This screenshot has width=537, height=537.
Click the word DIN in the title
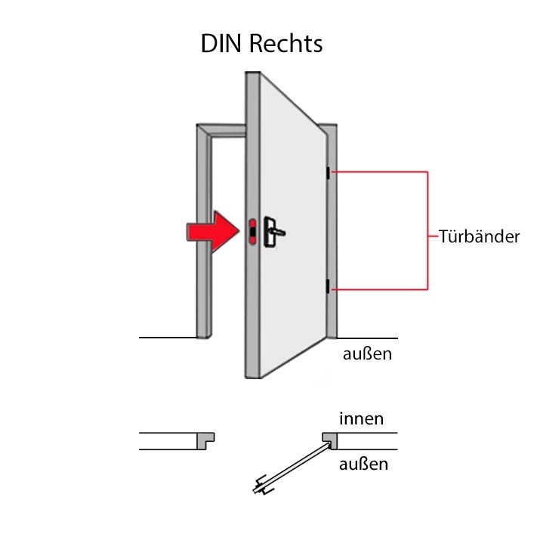click(x=221, y=44)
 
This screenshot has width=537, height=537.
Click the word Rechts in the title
click(x=285, y=44)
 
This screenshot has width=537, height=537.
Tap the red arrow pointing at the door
click(x=212, y=232)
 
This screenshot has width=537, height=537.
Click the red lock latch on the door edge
click(x=252, y=232)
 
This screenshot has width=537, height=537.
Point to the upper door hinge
click(x=328, y=173)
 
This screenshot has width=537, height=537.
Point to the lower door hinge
click(x=328, y=286)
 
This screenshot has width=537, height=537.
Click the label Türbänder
click(x=479, y=236)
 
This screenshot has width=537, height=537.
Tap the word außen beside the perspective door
click(x=367, y=353)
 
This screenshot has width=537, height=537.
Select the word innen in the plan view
click(x=361, y=418)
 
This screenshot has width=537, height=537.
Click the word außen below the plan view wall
click(x=363, y=464)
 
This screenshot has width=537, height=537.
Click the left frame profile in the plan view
click(x=205, y=440)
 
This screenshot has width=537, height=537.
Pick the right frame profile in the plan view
click(x=329, y=440)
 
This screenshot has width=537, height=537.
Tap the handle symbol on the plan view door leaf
click(x=263, y=485)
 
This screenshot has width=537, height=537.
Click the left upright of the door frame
click(x=204, y=233)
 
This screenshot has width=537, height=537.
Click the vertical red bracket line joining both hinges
click(x=427, y=230)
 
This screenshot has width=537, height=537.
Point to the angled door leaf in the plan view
click(x=293, y=467)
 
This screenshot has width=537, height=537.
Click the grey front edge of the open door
click(x=253, y=224)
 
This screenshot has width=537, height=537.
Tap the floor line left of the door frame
click(x=168, y=338)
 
